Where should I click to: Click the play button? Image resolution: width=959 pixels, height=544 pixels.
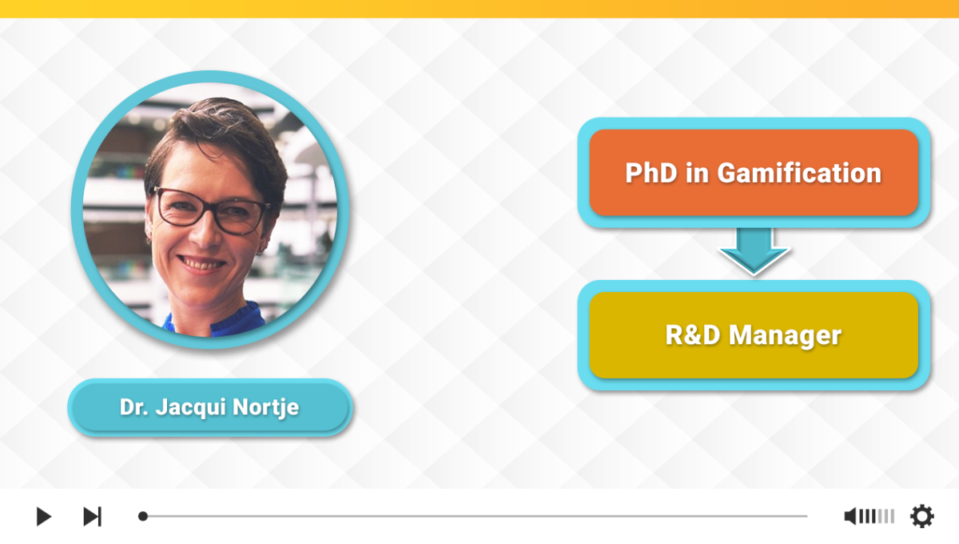43,516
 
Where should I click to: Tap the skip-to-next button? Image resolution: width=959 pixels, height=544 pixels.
93,516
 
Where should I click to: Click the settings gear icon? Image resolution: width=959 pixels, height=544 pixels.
921,516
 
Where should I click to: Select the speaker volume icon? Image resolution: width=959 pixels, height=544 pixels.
850,516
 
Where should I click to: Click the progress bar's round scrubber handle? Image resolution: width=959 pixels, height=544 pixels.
143,516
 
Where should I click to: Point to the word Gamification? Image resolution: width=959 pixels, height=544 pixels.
799,173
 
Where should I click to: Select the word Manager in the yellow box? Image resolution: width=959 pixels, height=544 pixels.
785,336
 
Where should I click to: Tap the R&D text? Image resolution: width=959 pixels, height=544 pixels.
693,335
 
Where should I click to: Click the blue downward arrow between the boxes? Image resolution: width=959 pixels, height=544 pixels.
754,250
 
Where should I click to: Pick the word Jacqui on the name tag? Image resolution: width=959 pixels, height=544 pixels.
190,407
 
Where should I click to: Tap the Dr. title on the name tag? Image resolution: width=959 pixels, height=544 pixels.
134,407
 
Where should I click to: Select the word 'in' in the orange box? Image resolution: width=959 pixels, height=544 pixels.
697,173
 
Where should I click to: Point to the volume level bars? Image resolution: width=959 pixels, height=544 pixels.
877,516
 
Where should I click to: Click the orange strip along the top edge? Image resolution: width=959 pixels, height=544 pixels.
479,9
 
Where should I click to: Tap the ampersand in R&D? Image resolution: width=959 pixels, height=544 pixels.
693,335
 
